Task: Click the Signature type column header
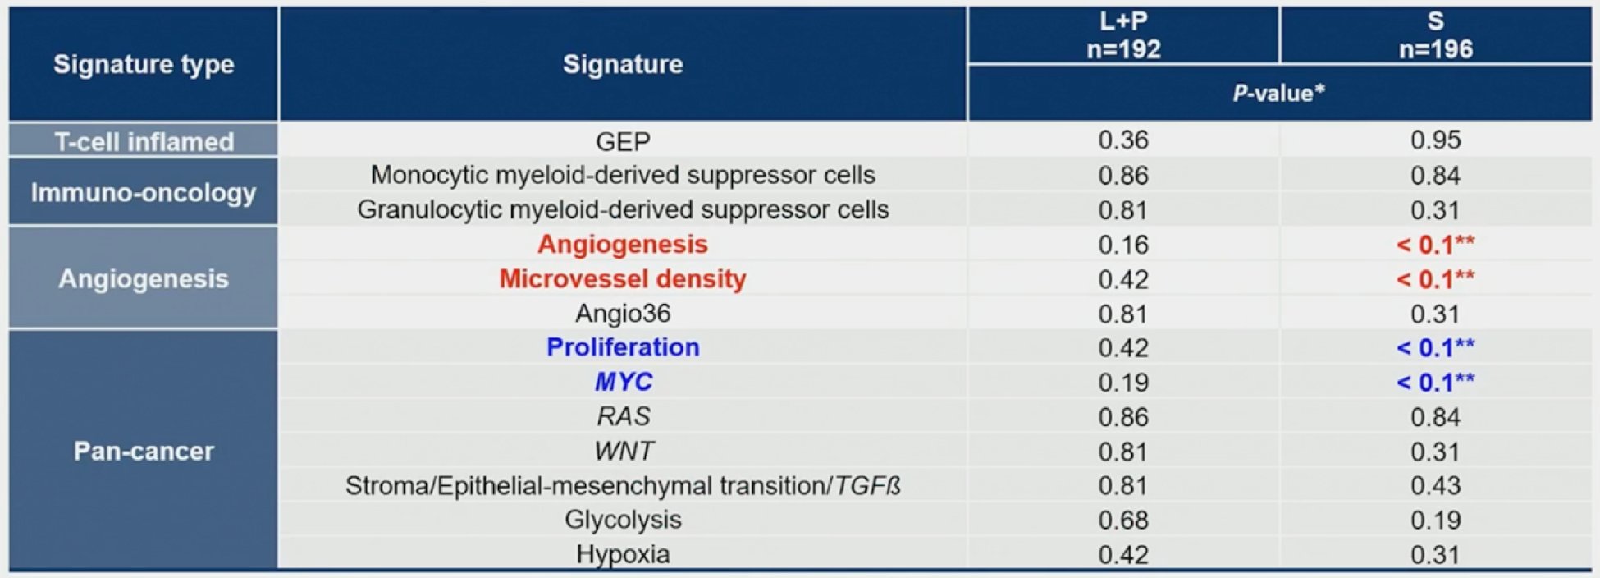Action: (144, 64)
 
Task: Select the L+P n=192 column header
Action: (1123, 35)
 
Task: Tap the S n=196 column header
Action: (1435, 35)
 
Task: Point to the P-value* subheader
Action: (1278, 93)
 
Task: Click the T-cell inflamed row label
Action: (144, 141)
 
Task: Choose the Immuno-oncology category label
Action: (144, 193)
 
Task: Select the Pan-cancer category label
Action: (144, 451)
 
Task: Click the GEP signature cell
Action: (623, 141)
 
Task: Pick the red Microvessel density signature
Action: (623, 279)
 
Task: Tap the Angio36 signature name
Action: (623, 314)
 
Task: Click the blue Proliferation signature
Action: (623, 347)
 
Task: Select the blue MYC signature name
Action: (624, 382)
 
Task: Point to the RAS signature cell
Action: (624, 416)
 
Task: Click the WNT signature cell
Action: (624, 451)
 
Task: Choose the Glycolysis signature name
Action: (623, 520)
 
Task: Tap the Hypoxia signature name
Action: (623, 554)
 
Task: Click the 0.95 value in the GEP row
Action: (1435, 140)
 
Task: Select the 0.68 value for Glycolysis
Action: (1123, 520)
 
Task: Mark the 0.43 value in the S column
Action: (1435, 485)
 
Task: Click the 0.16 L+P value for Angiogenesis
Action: (1123, 245)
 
